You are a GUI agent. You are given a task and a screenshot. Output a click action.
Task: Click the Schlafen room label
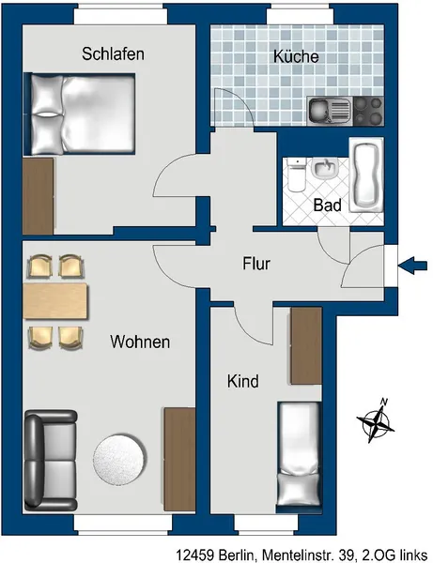[113, 53]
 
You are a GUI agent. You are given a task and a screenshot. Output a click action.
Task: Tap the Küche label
[296, 56]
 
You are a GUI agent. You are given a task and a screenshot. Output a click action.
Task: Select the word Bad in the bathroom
[327, 205]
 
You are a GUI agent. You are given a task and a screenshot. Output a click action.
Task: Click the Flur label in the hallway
[256, 264]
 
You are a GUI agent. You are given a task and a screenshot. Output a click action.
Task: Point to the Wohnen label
[140, 342]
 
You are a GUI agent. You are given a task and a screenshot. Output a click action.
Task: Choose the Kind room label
[243, 381]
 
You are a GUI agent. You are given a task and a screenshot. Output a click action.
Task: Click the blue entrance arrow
[412, 266]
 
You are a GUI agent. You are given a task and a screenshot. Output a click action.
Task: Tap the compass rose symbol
[376, 420]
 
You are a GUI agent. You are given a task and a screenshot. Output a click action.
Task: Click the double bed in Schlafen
[80, 114]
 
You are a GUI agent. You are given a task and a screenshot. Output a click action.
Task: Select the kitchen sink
[330, 112]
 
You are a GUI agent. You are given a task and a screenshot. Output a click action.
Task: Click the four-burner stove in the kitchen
[368, 112]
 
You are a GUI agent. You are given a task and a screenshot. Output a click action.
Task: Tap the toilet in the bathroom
[296, 175]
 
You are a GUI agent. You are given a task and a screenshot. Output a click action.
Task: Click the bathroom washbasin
[324, 168]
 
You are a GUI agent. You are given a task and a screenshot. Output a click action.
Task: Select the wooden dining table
[55, 301]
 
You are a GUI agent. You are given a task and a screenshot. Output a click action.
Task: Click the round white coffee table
[119, 461]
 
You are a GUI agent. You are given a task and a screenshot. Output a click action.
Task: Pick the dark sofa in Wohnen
[51, 461]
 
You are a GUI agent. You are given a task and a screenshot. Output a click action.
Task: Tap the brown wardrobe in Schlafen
[39, 196]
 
